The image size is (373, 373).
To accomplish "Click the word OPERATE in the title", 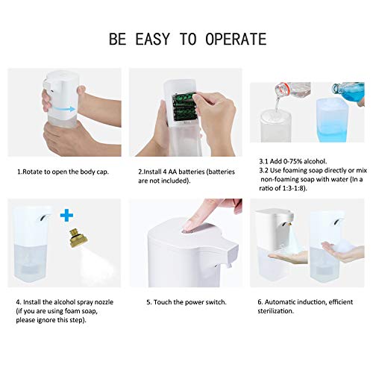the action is (236, 39).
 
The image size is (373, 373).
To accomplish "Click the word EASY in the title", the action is (152, 39).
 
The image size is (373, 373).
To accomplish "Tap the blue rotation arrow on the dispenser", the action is (64, 109).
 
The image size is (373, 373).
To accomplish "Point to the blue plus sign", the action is (66, 216).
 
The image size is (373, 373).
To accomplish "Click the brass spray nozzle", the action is (78, 239).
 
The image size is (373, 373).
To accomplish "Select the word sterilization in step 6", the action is (275, 311).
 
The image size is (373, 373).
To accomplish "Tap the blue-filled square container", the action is (332, 120).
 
